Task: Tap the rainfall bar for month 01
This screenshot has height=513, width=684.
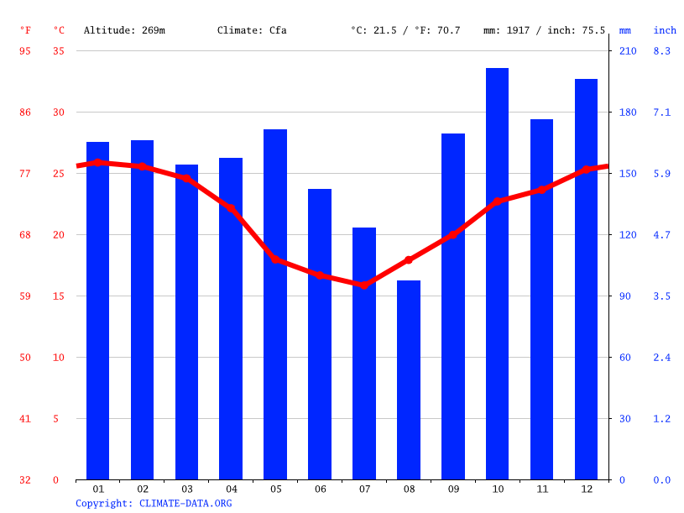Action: point(97,311)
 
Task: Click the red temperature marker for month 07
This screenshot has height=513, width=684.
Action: point(363,285)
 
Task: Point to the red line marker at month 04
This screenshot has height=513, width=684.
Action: point(231,208)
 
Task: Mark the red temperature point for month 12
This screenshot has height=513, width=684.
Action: point(586,170)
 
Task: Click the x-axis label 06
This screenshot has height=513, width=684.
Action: point(320,489)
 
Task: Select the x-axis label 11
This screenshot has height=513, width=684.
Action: point(541,489)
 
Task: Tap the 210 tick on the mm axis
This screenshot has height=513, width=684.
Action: point(628,51)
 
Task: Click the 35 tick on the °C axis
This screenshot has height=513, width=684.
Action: point(59,51)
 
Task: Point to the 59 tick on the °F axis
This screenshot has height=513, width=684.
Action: point(25,296)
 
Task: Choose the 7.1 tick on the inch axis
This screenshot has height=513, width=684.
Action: point(662,113)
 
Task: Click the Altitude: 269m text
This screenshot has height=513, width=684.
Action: point(124,31)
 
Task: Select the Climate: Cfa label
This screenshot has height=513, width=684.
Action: point(252,31)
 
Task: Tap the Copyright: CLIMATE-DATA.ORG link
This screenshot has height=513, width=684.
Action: point(154,504)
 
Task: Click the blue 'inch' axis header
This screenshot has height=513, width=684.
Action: point(665,31)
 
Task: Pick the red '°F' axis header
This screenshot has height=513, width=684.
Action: point(25,31)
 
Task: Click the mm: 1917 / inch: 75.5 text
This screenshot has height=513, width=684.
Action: point(544,31)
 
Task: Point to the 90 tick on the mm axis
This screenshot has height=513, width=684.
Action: point(625,296)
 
